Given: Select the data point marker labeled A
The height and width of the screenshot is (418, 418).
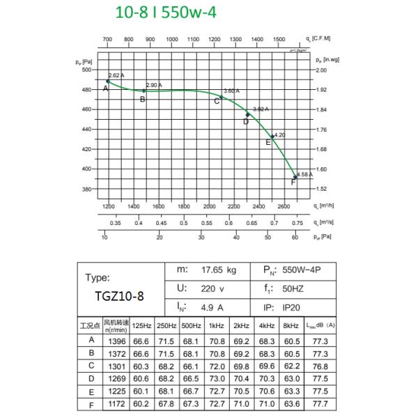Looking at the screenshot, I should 108,82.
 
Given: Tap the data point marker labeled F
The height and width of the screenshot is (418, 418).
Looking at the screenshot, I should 295,177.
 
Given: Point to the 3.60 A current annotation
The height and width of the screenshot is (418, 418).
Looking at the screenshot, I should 231,91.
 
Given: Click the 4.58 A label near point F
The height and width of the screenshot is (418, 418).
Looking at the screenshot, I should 304,174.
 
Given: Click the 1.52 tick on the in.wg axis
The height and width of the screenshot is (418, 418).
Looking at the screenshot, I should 321,189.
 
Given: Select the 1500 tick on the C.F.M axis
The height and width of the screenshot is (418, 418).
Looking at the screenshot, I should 279,40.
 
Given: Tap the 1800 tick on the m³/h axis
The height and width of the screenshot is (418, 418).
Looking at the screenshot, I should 184,207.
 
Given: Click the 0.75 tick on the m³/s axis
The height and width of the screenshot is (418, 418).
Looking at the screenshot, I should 297,223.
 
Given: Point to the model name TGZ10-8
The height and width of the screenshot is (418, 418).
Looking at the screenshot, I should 119,295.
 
